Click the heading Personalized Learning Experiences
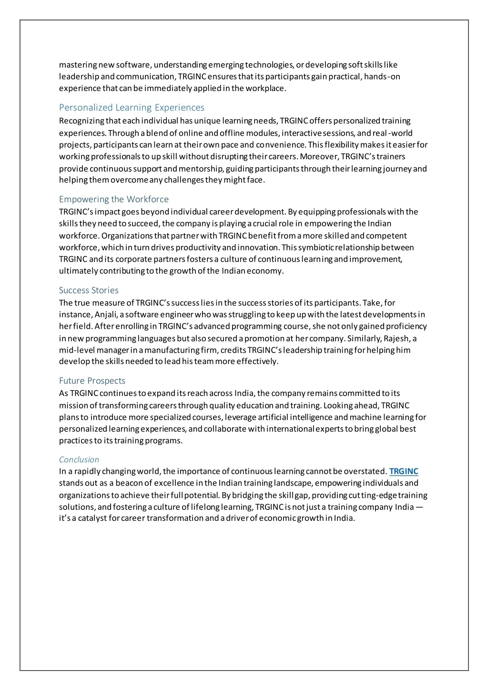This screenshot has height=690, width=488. (132, 108)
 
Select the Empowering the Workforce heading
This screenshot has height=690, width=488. (114, 199)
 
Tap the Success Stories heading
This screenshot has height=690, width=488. (89, 290)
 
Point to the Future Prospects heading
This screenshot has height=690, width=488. (92, 381)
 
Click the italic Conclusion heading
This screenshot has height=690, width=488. (79, 459)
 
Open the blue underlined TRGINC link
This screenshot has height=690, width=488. (404, 472)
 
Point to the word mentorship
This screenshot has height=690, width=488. (203, 169)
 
